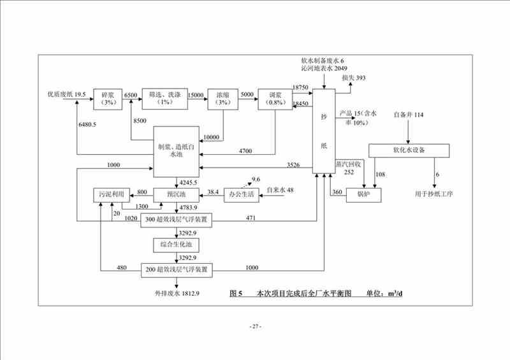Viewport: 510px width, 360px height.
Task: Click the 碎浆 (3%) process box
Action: pyautogui.click(x=107, y=99)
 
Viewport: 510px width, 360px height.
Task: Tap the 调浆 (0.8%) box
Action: pyautogui.click(x=273, y=99)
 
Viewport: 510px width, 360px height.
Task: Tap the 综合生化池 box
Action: pyautogui.click(x=176, y=245)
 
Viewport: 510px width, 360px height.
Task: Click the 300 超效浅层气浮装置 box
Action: pyautogui.click(x=176, y=219)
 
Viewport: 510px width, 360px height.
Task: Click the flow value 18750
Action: pyautogui.click(x=301, y=87)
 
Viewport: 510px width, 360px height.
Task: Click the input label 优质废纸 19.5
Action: pyautogui.click(x=65, y=95)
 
